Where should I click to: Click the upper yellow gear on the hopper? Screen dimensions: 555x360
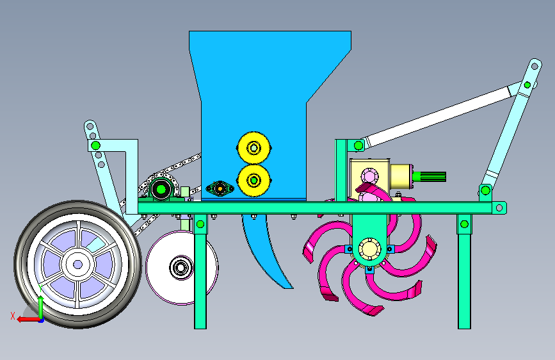253,148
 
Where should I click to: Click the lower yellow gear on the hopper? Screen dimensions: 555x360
253,181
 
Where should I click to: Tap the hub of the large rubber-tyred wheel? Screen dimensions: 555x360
78,265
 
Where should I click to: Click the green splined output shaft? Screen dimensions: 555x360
429,176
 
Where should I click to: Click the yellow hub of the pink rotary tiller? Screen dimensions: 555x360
369,249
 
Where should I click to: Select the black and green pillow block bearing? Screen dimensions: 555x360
161,189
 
